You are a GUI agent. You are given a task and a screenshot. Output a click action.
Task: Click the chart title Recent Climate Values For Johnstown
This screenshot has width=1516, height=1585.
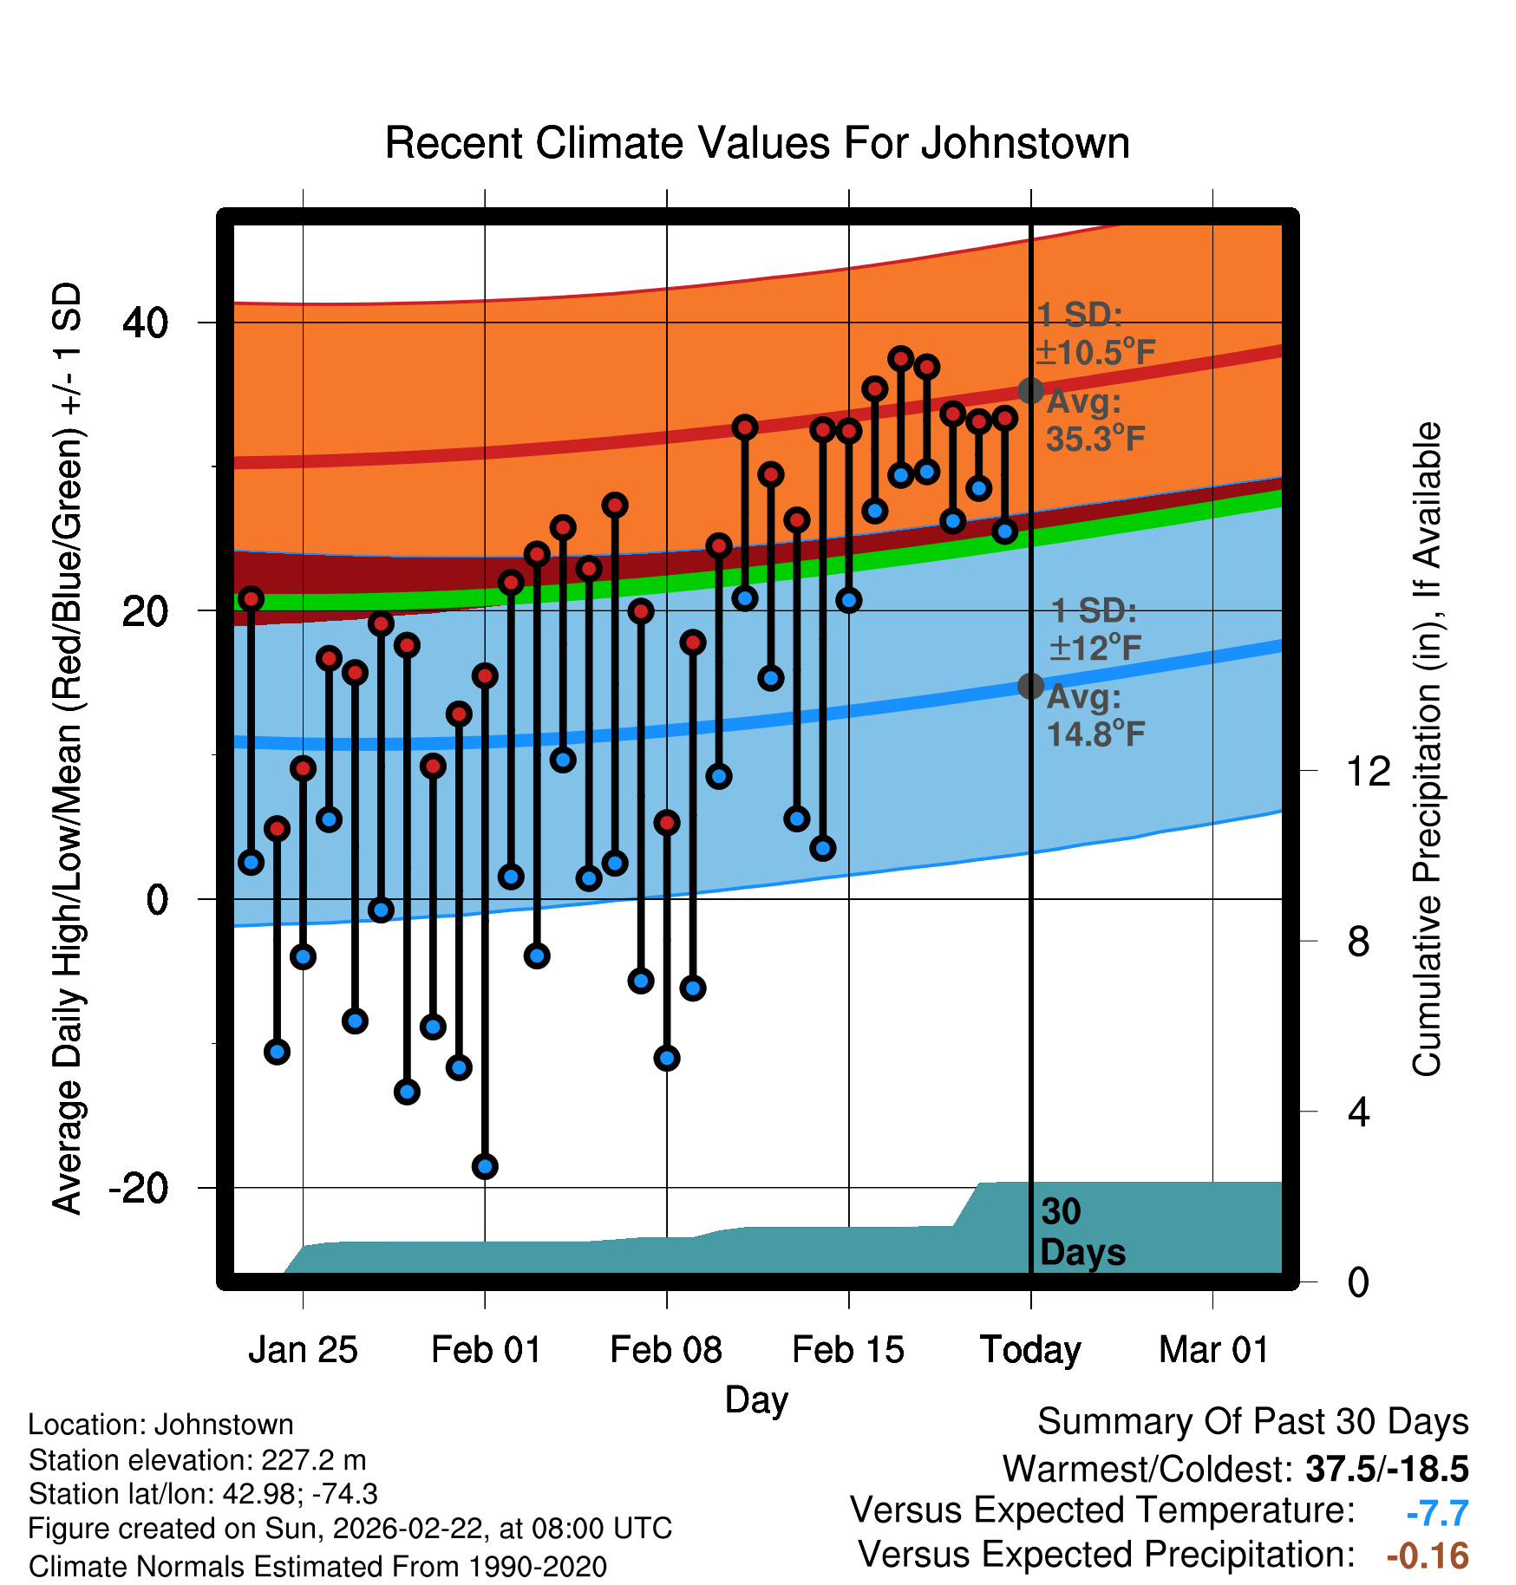pos(757,143)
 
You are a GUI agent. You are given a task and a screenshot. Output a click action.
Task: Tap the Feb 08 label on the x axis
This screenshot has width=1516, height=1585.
pos(666,1350)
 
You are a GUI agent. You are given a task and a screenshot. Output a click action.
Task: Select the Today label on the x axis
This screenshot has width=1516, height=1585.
pos(1030,1350)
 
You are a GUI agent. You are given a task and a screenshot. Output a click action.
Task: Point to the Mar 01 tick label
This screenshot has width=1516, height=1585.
pos(1213,1350)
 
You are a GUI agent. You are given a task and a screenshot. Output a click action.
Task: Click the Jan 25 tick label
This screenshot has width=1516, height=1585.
pos(303,1350)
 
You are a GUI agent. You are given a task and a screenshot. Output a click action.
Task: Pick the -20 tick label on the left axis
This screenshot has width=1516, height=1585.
pos(139,1188)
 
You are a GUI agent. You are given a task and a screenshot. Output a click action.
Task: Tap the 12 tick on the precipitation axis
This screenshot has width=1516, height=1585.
pos(1368,771)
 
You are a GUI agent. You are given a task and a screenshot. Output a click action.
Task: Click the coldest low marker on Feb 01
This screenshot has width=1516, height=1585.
pos(485,1166)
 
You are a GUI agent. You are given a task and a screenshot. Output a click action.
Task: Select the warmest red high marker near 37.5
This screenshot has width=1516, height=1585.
pos(901,358)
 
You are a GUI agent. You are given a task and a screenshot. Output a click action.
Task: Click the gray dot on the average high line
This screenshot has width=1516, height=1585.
pos(1030,391)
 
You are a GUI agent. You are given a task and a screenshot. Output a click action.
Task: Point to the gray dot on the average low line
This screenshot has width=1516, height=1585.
pos(1030,686)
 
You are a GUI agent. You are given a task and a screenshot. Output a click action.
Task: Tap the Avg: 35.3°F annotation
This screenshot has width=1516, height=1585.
pos(1095,421)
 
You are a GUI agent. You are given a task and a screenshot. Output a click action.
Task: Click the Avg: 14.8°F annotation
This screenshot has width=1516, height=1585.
pos(1095,716)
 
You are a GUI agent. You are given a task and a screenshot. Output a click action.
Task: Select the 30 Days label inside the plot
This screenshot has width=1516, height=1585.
pos(1081,1232)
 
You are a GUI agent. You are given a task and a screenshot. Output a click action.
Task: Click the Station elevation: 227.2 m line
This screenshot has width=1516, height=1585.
pos(197,1460)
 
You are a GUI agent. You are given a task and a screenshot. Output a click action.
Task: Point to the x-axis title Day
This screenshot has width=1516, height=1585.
pos(756,1399)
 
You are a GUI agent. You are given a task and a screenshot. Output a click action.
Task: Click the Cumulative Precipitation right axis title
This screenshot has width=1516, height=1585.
pos(1427,749)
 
